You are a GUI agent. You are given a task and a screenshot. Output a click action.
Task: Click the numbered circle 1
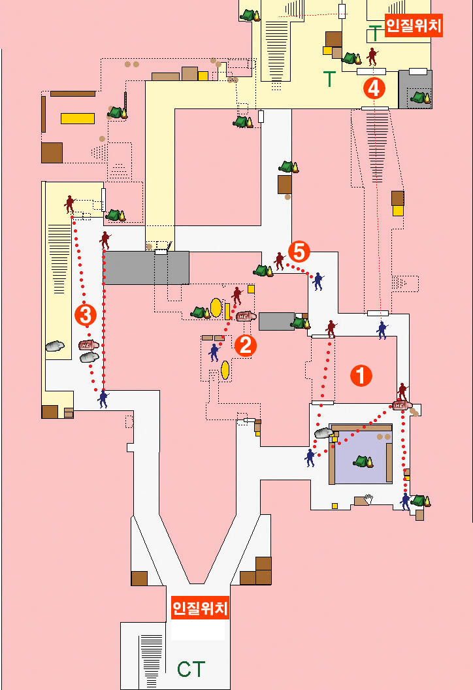tap(361, 375)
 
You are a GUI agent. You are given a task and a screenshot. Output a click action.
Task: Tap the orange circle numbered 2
tap(245, 345)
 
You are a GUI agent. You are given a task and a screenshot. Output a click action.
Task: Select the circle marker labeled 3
tap(86, 315)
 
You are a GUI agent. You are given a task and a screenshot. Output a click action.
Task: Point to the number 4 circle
tap(374, 88)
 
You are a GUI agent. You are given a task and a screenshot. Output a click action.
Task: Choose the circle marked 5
tap(299, 250)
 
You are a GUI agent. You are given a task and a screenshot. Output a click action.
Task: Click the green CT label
tap(191, 668)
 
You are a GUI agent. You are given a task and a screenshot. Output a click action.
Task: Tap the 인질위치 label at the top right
tap(414, 26)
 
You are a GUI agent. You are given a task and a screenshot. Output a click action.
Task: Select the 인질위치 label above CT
tap(200, 609)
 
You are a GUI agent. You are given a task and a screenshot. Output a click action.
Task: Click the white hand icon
tap(368, 499)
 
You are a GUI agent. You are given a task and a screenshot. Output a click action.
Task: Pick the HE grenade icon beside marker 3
tap(88, 344)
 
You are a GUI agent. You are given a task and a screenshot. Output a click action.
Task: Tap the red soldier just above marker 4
tap(372, 56)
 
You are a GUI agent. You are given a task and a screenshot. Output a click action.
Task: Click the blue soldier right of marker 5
tap(318, 281)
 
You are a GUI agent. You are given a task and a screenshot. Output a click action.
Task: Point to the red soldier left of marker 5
tap(280, 261)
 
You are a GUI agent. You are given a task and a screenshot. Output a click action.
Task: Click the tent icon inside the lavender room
tap(363, 461)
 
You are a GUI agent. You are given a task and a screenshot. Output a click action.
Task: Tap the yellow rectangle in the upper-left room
tap(78, 118)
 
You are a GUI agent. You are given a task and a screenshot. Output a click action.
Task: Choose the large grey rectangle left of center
tap(147, 267)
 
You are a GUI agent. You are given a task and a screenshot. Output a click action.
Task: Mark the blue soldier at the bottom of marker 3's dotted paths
tap(103, 399)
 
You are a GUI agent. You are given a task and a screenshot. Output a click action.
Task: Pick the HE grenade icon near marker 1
tap(401, 405)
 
